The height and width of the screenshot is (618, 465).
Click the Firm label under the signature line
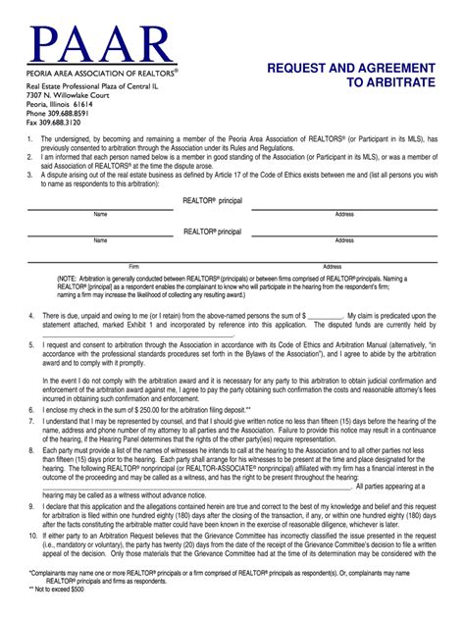[134, 266]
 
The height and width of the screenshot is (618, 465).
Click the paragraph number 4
[30, 315]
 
